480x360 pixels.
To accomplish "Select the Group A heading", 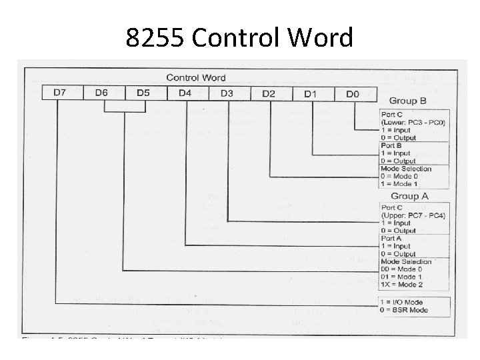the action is click(409, 196).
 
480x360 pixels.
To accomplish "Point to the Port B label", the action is click(392, 145).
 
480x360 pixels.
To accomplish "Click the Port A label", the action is click(392, 239).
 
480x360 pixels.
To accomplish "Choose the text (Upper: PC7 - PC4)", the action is click(414, 216).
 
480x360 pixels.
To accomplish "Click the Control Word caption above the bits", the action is click(195, 79).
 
